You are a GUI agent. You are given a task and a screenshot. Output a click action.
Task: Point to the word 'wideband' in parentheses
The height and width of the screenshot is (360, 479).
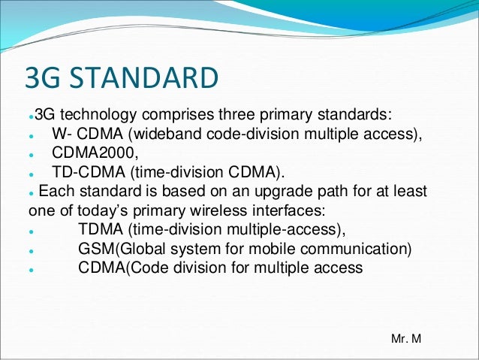(182, 135)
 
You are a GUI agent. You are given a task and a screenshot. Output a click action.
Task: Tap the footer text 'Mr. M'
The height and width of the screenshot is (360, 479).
(406, 340)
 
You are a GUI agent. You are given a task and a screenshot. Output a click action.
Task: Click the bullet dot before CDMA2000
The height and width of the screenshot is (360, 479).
(28, 154)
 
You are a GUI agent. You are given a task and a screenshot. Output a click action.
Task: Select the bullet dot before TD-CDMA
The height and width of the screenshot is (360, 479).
(28, 173)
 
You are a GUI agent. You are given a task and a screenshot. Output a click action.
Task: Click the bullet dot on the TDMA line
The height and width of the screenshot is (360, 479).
(28, 230)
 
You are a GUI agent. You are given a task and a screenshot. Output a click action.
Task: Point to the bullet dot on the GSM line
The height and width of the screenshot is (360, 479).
(28, 249)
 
